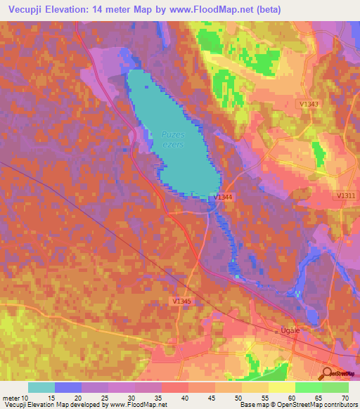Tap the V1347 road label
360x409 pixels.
(x=309, y=105)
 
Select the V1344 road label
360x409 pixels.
(x=224, y=197)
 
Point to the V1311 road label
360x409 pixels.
(x=346, y=195)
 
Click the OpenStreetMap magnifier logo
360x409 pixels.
(x=326, y=373)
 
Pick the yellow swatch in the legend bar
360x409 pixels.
(x=281, y=387)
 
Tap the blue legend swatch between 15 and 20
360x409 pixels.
(x=67, y=387)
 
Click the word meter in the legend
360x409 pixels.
(x=11, y=398)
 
